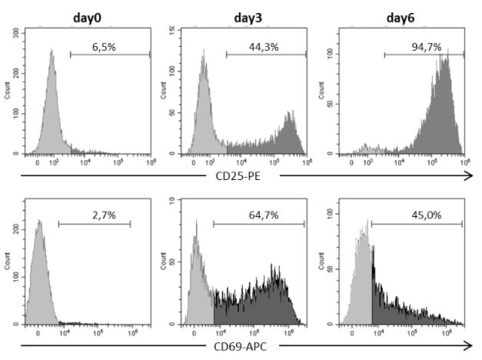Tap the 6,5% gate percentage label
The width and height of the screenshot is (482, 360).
click(x=110, y=47)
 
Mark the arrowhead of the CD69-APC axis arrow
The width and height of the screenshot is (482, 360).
click(x=468, y=345)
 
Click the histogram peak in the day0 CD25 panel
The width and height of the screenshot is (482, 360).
click(x=52, y=54)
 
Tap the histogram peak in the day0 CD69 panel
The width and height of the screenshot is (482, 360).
click(x=41, y=224)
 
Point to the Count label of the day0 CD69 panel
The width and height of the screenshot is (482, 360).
click(x=8, y=260)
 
